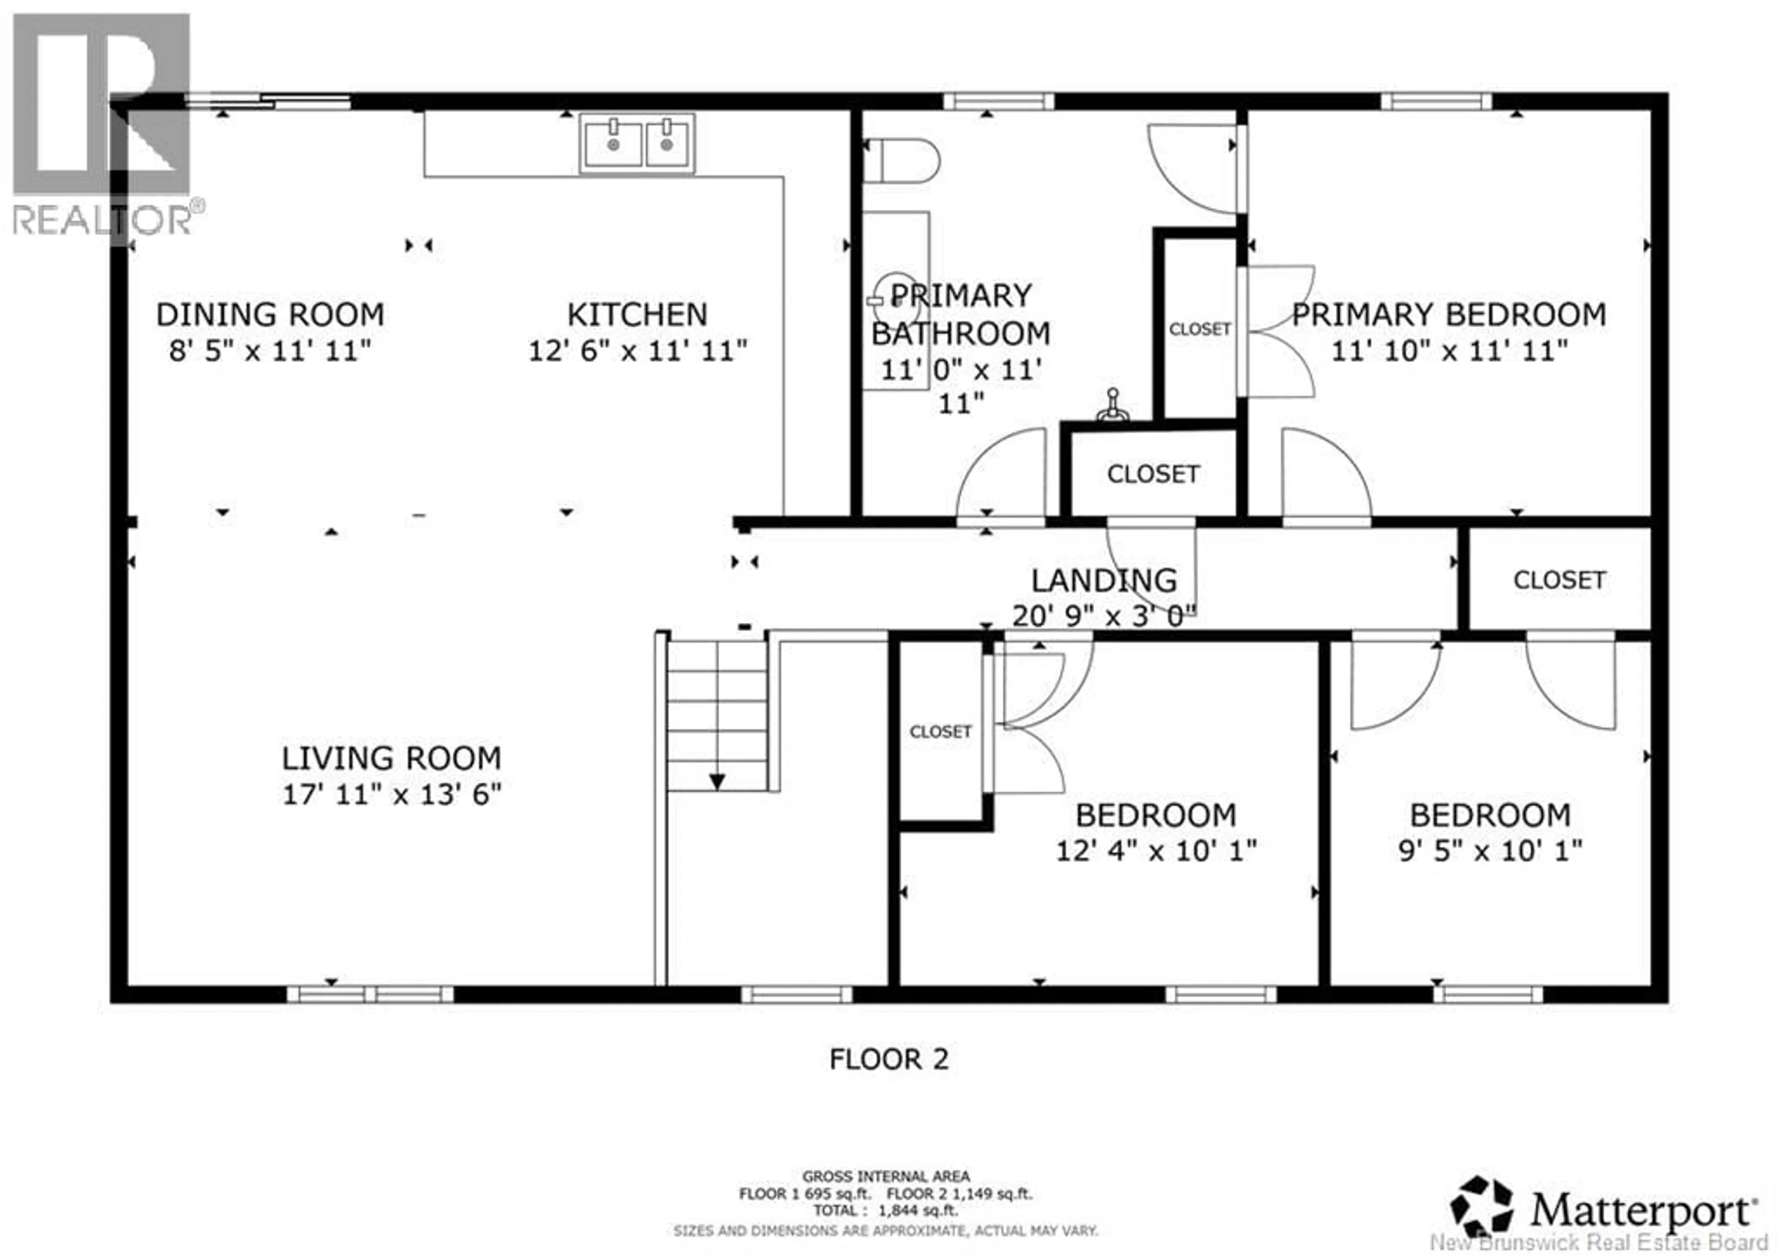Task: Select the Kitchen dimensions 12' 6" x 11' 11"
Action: (x=638, y=351)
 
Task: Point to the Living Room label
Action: (x=391, y=758)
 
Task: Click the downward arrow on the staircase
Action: (x=717, y=782)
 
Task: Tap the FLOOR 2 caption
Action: (x=888, y=1059)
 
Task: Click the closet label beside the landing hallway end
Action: (x=1559, y=580)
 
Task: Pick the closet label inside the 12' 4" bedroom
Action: (x=940, y=731)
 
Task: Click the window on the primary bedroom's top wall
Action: (x=1436, y=101)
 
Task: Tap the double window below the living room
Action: (x=370, y=994)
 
